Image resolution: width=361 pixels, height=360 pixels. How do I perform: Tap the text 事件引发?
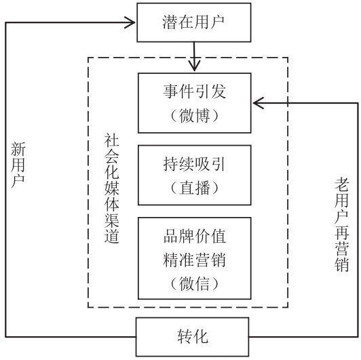(195, 92)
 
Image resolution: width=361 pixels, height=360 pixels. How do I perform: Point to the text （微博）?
(195, 115)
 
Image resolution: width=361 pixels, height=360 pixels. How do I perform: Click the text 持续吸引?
(194, 164)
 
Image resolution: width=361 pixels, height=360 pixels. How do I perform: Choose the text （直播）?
(195, 188)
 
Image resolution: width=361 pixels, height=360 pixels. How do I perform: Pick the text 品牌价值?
(195, 236)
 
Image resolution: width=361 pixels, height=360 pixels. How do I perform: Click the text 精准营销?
(194, 260)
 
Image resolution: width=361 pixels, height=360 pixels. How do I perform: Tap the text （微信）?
(195, 283)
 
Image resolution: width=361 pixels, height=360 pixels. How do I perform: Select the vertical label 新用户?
(18, 165)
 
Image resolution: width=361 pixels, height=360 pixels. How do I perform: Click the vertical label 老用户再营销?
(342, 224)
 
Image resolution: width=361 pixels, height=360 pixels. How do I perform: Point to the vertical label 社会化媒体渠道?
(112, 188)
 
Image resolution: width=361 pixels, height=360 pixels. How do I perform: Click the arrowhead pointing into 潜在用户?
(130, 22)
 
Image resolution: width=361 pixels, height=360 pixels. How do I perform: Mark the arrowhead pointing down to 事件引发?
(195, 66)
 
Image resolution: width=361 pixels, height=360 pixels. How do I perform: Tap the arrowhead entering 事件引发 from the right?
(258, 103)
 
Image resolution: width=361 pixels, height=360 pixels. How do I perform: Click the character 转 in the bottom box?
(185, 337)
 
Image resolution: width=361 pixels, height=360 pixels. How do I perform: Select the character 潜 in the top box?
(170, 22)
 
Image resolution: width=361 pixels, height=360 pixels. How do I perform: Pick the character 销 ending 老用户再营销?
(342, 264)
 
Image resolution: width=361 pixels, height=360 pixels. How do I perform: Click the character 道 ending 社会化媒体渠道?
(112, 236)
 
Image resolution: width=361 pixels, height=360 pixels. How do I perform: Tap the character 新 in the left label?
(18, 149)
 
